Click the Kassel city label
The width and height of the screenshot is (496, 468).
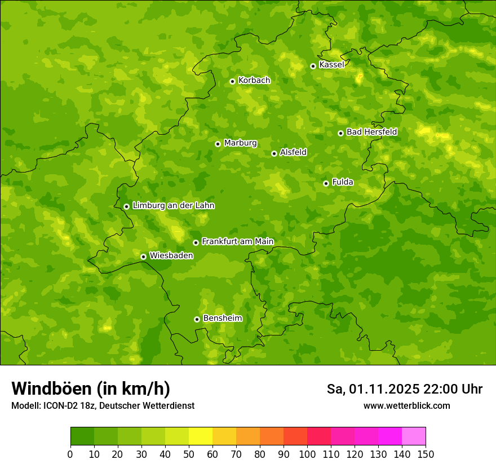coord(331,65)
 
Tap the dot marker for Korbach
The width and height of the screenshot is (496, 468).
coord(232,81)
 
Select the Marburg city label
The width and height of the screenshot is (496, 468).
coord(240,143)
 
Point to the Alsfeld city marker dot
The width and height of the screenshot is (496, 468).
coord(274,153)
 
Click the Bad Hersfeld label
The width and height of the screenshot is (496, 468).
coord(371,132)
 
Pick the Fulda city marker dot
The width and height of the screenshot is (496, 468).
coord(326,183)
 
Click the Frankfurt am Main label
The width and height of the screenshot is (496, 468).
coord(237,241)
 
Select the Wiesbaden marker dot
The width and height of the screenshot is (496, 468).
coord(143,257)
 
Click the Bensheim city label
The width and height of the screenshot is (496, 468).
coord(222,318)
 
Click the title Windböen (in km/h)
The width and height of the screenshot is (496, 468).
coord(91,388)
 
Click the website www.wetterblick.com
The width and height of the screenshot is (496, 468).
coord(406,406)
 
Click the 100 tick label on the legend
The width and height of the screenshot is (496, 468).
coord(307,454)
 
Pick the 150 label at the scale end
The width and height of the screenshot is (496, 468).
coord(426,454)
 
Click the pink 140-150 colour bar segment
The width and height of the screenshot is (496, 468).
coord(414,436)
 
